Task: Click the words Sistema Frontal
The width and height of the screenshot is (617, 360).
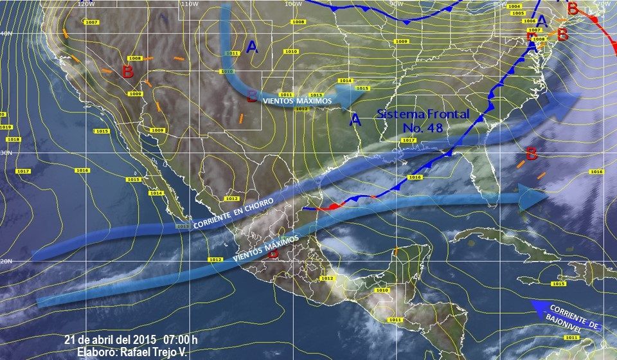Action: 423,114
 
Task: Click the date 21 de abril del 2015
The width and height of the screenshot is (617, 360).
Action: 111,339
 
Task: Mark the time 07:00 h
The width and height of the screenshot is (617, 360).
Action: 181,339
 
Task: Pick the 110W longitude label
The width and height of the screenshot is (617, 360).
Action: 189,4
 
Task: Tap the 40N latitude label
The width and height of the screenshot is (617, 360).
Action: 6,33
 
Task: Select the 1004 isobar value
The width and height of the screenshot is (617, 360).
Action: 514,6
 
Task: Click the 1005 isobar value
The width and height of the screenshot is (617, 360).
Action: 519,14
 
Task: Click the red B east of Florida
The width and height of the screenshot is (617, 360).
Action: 531,154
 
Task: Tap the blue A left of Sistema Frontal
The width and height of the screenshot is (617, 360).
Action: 355,119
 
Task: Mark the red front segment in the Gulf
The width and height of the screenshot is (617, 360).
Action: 334,206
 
